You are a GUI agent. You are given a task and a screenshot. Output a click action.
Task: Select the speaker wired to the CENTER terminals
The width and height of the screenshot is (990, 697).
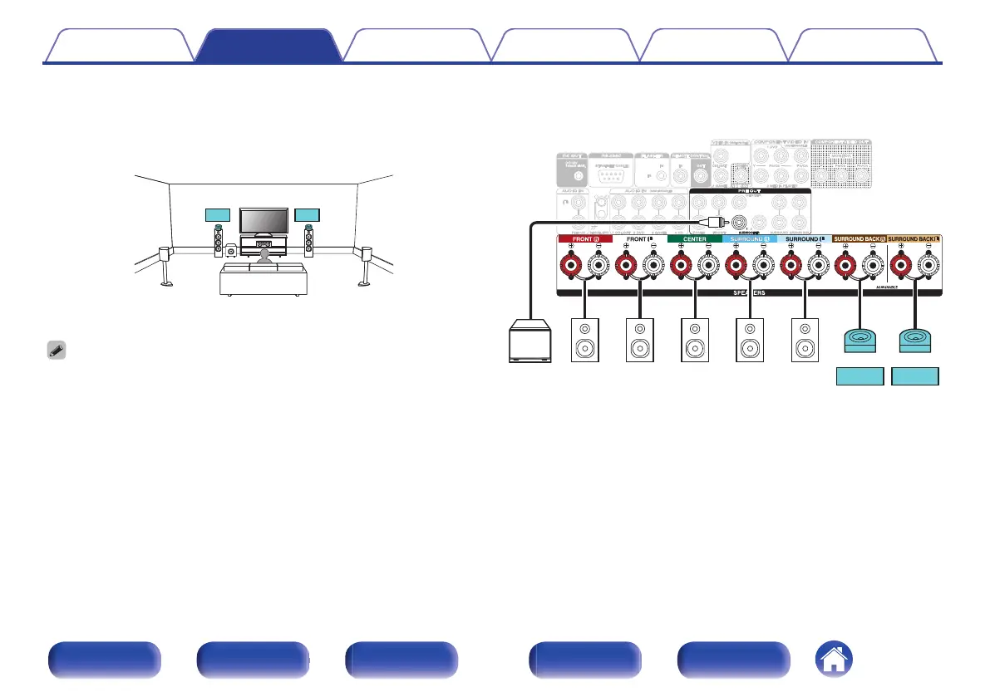tap(693, 340)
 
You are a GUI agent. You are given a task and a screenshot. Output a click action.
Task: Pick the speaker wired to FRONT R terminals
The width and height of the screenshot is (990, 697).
tap(584, 340)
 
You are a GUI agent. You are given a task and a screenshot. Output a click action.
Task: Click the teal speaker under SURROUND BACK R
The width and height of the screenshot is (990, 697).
tap(859, 341)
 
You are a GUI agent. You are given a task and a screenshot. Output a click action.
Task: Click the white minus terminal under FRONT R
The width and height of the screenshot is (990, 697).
tap(598, 266)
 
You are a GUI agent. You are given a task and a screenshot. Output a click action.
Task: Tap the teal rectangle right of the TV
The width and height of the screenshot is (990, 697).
tap(308, 216)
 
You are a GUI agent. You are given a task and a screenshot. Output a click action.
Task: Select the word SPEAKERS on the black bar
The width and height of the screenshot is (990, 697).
tap(749, 293)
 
